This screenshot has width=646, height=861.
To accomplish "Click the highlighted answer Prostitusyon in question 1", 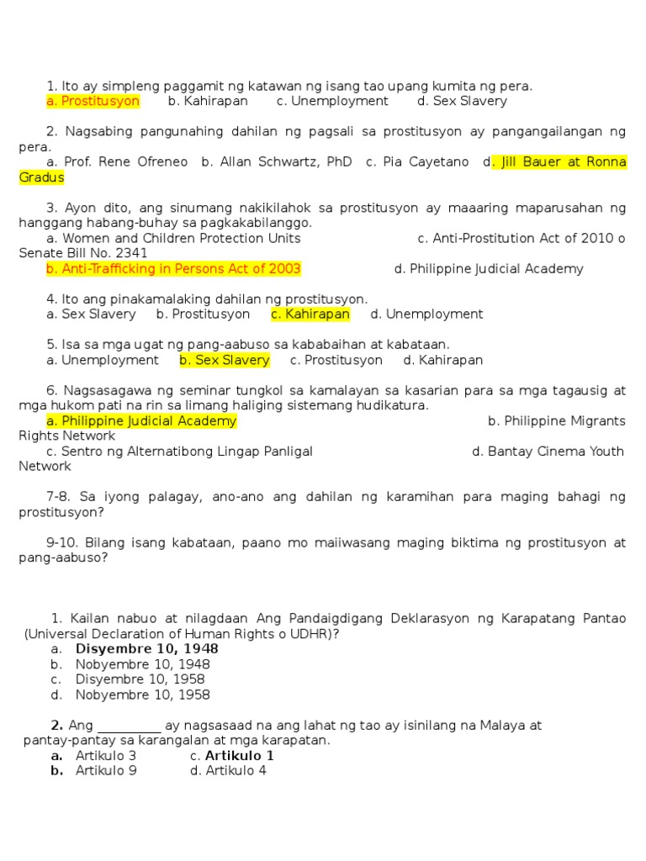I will click(x=93, y=101).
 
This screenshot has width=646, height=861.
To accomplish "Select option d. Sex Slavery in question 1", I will click(x=462, y=101).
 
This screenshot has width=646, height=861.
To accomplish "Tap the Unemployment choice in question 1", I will click(x=332, y=101).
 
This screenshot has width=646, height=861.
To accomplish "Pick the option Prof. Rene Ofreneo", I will click(x=117, y=162).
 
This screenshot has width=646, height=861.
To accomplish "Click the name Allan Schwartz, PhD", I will click(x=277, y=162).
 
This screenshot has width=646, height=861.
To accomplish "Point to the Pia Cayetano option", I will click(x=417, y=162).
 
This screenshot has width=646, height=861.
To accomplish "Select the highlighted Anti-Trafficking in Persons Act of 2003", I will click(x=173, y=269).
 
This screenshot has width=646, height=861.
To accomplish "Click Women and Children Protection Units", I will click(x=173, y=238).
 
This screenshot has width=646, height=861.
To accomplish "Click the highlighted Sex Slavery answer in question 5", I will click(x=225, y=361).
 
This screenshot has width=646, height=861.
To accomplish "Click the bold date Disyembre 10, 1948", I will click(x=146, y=649).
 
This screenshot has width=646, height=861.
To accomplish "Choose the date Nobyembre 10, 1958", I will click(x=142, y=695).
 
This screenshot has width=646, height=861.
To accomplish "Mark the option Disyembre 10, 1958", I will click(x=140, y=679).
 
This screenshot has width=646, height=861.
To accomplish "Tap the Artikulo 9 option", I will click(x=105, y=771).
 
